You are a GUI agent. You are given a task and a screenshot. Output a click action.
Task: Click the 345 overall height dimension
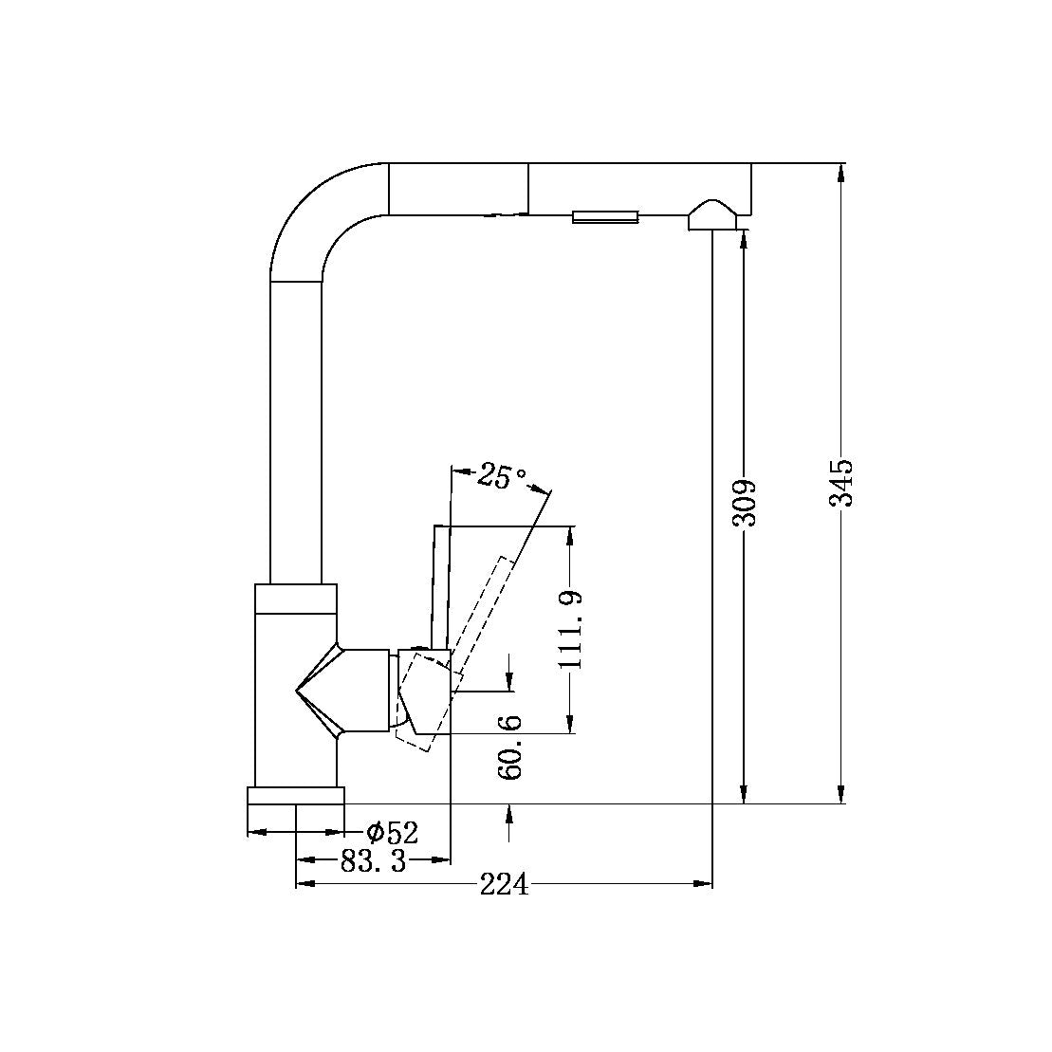(840, 483)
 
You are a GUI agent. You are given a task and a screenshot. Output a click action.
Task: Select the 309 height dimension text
(744, 503)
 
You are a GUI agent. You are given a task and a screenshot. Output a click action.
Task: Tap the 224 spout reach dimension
(504, 885)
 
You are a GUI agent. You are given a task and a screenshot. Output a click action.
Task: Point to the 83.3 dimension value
(373, 860)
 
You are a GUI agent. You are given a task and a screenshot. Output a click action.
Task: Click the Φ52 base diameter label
(393, 833)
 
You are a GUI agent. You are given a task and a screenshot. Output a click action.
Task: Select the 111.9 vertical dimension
(569, 630)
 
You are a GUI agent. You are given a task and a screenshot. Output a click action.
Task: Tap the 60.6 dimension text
(510, 747)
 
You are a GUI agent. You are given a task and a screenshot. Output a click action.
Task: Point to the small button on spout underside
(604, 216)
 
